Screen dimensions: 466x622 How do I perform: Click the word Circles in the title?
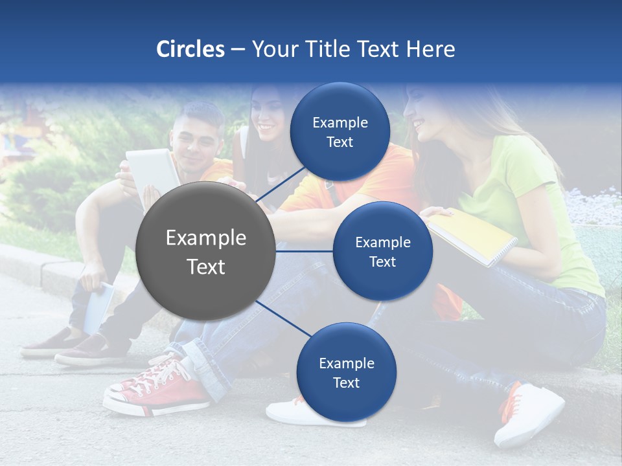190,49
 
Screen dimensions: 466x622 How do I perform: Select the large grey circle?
206,251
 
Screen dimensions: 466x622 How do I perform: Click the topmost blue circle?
340,132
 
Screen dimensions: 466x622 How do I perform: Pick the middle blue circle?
383,251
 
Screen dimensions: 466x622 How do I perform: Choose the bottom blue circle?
346,372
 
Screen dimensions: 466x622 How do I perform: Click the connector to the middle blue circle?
305,251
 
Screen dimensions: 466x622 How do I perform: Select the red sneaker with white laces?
159,388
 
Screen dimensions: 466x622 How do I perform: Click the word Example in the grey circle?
206,238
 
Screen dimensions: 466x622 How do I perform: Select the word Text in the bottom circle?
346,383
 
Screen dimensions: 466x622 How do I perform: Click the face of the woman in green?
424,116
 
